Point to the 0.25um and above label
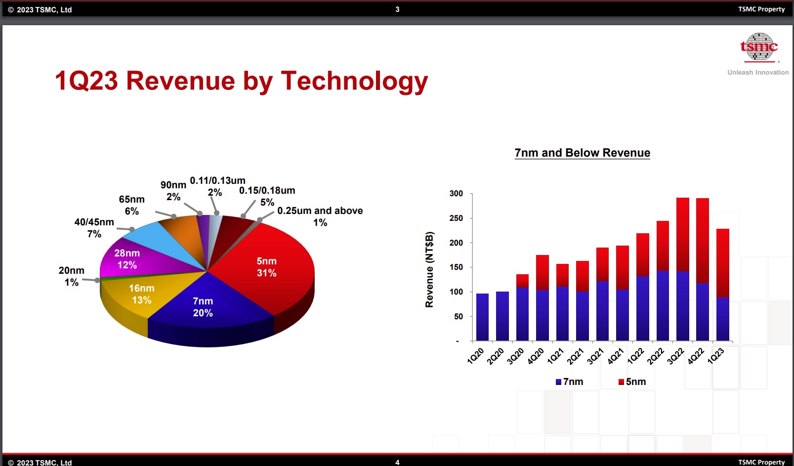point(320,216)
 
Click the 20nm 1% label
point(72,276)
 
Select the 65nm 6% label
point(131,205)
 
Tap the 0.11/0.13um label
point(217,186)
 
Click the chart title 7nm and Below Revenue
point(582,153)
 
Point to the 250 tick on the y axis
point(456,218)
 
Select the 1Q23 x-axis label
point(716,355)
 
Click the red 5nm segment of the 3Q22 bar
point(682,232)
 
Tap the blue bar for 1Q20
point(482,317)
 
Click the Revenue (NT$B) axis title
point(429,269)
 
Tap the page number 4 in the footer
point(397,462)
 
